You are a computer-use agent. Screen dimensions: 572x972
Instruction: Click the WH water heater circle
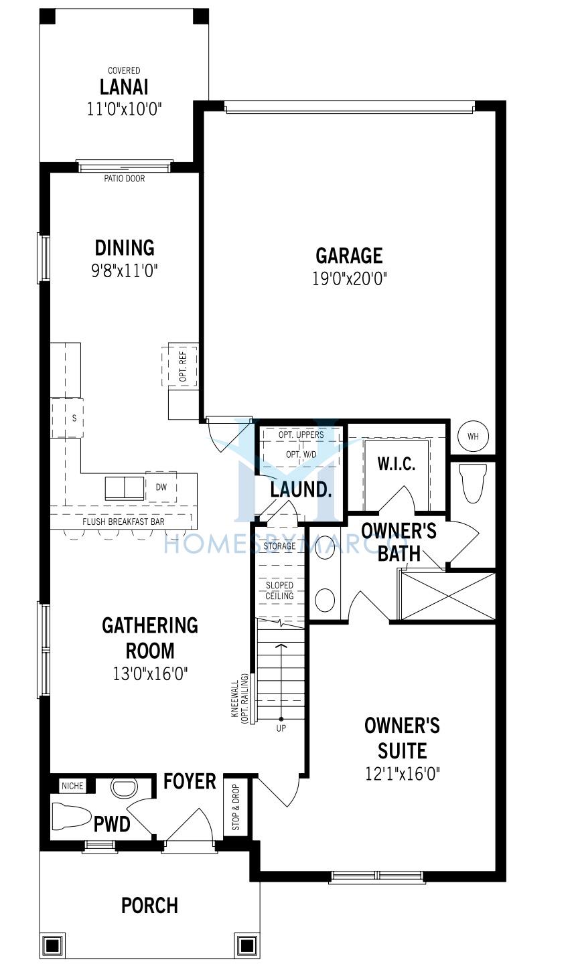click(473, 436)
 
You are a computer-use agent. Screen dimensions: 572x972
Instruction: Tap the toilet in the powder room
click(72, 815)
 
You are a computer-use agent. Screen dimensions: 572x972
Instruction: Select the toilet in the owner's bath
click(473, 483)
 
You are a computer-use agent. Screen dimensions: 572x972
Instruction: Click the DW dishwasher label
click(161, 487)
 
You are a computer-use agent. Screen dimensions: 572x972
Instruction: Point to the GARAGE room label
click(349, 256)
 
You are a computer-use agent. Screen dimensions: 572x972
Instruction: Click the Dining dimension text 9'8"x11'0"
click(124, 271)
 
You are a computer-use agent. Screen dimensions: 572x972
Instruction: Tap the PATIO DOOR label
click(124, 178)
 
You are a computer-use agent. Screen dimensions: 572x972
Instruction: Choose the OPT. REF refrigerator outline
click(180, 366)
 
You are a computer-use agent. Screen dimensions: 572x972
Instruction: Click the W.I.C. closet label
click(396, 464)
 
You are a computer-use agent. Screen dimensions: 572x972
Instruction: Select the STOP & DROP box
click(236, 807)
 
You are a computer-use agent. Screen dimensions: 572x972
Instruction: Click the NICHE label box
click(72, 785)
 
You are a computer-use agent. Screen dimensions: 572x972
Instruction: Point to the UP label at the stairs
click(281, 728)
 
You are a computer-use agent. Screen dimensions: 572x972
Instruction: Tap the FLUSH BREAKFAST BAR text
click(123, 521)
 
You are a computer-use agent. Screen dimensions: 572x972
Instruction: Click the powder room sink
click(124, 788)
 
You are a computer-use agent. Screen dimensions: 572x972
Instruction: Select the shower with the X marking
click(448, 596)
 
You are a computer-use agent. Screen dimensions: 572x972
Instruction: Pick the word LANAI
click(124, 87)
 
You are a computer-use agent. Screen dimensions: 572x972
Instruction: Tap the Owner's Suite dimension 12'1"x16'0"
click(403, 773)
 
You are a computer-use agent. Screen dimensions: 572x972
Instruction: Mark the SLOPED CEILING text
click(280, 590)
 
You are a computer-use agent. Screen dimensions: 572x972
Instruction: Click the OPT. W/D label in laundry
click(301, 455)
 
